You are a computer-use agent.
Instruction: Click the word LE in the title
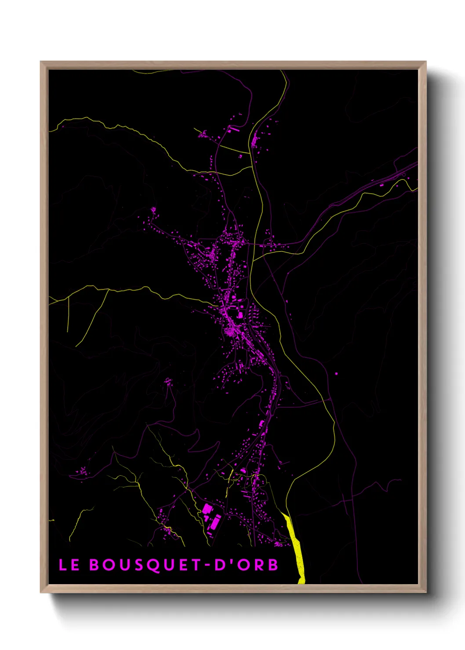coord(69,565)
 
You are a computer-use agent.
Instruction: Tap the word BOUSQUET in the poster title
coord(145,565)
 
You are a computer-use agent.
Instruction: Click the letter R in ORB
coord(258,565)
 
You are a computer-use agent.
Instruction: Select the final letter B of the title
coord(273,565)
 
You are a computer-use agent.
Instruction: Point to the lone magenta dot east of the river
coord(336,374)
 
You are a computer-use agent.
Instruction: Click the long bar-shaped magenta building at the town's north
coord(234,130)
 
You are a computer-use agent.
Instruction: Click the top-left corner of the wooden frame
coord(41,62)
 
